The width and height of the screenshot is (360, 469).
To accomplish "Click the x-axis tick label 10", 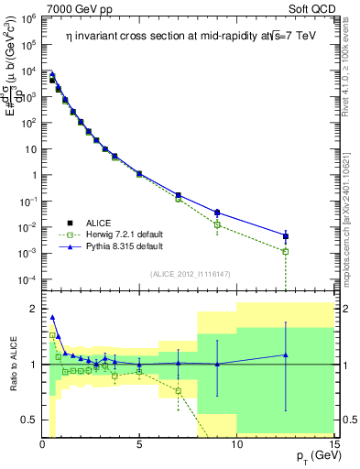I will [236, 444].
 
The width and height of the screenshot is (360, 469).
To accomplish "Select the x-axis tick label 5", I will [139, 444].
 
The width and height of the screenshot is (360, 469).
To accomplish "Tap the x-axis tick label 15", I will [333, 444].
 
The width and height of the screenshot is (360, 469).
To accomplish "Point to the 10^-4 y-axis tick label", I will [28, 278].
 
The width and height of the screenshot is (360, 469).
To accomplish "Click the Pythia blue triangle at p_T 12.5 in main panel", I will [286, 235].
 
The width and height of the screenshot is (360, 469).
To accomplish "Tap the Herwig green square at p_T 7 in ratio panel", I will [178, 391].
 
